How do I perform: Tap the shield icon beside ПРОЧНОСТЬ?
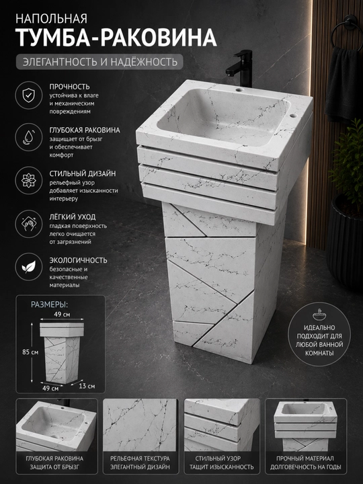[x=29, y=95]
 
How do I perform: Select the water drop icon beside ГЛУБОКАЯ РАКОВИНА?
[x=29, y=137]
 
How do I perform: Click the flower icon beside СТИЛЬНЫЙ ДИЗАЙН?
[x=29, y=181]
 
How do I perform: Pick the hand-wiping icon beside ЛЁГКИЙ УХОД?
[x=29, y=224]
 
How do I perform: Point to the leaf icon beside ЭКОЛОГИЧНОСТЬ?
[x=29, y=267]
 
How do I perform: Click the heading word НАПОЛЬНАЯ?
[x=51, y=19]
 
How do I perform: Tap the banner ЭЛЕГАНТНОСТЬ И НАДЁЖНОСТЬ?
[x=99, y=62]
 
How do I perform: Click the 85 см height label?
[x=30, y=352]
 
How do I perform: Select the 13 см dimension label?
[x=87, y=386]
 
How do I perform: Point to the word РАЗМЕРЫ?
[x=49, y=305]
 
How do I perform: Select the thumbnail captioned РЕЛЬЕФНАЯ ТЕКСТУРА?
[x=140, y=425]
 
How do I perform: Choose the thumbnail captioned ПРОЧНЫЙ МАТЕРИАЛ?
[x=306, y=425]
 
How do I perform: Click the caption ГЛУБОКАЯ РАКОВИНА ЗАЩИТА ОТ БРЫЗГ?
[x=54, y=462]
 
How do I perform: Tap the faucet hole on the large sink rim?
[x=239, y=90]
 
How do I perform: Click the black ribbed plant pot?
[x=345, y=244]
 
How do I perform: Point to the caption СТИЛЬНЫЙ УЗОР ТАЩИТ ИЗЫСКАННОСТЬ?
[x=222, y=462]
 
